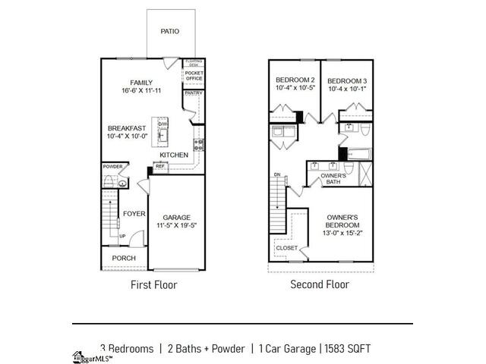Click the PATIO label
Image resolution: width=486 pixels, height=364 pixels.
(169, 32)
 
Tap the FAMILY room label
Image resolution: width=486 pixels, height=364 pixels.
(141, 83)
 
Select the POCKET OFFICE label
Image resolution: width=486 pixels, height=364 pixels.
(194, 76)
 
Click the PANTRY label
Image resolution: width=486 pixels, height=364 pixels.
(193, 93)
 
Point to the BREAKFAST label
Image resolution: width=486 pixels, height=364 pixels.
(126, 128)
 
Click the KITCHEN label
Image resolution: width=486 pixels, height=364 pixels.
(174, 155)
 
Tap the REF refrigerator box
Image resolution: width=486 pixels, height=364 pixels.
(160, 166)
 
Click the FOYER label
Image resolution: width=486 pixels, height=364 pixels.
(134, 214)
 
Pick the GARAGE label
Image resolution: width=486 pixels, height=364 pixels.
(176, 217)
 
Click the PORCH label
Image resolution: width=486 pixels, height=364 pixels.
(124, 258)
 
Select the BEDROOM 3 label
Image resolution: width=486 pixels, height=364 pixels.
(346, 80)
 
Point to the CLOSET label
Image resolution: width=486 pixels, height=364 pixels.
(286, 248)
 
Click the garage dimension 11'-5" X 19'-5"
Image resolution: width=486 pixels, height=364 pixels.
(176, 226)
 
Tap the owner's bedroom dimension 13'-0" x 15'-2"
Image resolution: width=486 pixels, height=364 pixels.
(342, 234)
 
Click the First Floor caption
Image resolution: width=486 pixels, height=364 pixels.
(154, 285)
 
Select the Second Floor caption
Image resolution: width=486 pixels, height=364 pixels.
(320, 285)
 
